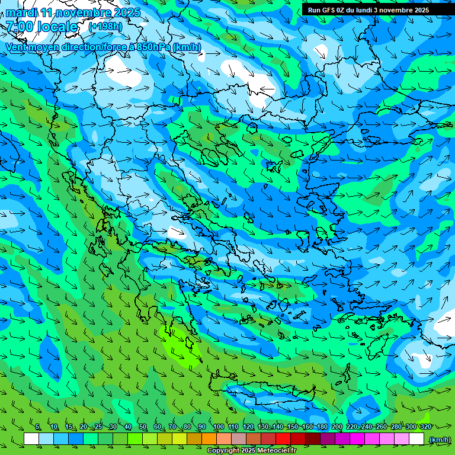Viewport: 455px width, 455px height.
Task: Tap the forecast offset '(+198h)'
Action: point(105,26)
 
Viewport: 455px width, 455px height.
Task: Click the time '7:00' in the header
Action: point(20,27)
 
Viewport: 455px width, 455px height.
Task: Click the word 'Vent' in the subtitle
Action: point(17,47)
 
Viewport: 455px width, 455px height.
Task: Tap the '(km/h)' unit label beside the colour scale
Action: point(439,439)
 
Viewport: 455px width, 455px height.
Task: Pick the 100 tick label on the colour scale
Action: point(218,427)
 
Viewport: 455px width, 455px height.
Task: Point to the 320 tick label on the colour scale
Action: point(425,427)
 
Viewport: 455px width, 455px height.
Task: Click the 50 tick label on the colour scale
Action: point(143,427)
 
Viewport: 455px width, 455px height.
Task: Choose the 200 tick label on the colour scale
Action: point(337,427)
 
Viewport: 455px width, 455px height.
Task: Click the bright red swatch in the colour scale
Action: point(283,439)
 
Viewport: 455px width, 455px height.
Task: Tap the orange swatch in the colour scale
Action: point(209,439)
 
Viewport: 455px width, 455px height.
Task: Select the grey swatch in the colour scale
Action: point(239,439)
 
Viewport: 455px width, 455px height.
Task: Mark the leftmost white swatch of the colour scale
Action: point(31,439)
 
